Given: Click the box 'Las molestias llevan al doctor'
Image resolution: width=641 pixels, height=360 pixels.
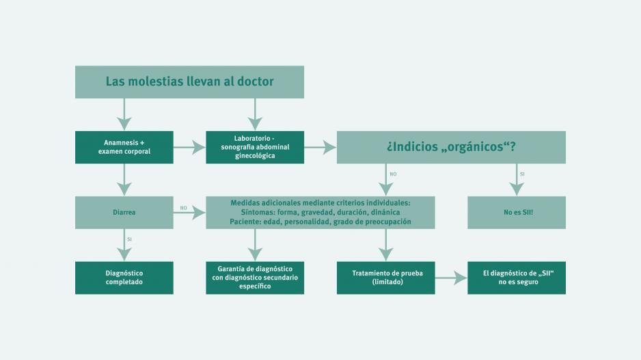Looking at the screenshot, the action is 189,82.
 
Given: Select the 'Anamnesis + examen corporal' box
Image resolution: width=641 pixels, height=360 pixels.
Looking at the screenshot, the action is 124,147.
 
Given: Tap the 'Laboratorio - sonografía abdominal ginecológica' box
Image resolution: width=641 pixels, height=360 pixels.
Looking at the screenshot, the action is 255,147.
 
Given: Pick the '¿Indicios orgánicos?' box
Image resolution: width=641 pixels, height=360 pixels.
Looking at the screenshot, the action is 451,147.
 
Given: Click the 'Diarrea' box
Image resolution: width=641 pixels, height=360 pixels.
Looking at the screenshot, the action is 124,212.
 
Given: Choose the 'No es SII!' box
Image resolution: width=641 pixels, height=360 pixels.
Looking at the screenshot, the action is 517,212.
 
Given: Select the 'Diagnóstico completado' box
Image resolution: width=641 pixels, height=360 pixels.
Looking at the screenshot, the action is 124,278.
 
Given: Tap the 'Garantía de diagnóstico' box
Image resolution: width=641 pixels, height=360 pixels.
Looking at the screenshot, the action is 255,278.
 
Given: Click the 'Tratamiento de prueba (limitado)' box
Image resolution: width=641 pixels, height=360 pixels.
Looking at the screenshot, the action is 386,278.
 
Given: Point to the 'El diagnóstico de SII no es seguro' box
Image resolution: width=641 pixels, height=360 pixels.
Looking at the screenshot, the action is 517,278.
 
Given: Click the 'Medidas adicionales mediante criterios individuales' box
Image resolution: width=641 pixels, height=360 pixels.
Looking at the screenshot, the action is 320,212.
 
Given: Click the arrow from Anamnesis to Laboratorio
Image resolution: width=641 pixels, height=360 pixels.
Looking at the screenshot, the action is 189,147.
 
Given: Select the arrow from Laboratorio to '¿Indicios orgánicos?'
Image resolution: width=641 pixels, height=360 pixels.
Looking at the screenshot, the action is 320,147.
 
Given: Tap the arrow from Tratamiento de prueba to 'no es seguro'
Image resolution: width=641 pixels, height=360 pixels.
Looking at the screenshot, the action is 451,278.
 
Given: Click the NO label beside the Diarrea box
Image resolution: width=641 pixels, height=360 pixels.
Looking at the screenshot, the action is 184,208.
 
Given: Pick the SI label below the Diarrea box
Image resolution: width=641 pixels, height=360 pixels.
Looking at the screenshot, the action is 130,240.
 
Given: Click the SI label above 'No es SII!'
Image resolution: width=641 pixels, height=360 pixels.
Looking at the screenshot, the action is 522,174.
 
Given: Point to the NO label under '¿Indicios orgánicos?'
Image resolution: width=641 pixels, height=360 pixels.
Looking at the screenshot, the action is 393,174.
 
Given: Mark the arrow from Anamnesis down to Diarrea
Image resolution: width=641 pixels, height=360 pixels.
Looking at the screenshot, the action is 124,180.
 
